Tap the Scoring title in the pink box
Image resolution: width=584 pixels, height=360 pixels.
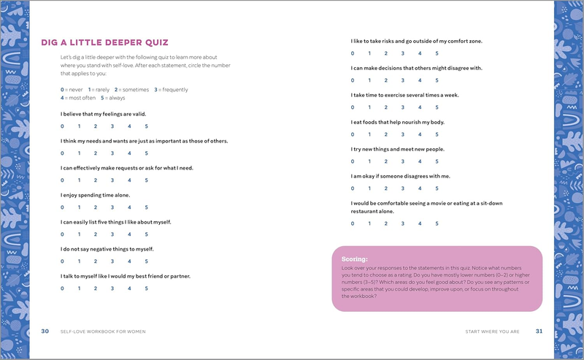(x=354, y=258)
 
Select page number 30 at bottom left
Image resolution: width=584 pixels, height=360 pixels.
(x=45, y=332)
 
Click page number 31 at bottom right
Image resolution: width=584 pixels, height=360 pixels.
(x=539, y=332)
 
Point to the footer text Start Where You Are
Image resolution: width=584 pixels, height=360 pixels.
(x=492, y=332)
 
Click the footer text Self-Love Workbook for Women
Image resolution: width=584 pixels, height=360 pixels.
(x=103, y=332)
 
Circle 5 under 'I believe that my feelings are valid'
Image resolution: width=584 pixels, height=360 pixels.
(x=146, y=126)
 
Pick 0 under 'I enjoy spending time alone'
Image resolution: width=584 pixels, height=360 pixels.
(x=62, y=207)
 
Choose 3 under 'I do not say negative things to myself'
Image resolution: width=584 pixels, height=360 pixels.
(x=112, y=261)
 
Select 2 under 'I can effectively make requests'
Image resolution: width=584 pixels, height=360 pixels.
(x=96, y=180)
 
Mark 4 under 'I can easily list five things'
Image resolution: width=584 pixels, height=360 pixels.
(x=129, y=234)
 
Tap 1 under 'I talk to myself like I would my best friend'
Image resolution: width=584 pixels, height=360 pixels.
(x=79, y=288)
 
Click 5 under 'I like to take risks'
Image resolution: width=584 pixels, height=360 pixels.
(x=437, y=53)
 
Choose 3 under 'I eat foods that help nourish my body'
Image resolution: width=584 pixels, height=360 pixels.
(x=403, y=134)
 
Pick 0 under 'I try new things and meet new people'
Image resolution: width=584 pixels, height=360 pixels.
(x=353, y=161)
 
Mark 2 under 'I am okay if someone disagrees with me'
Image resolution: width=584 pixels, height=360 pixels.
(x=386, y=188)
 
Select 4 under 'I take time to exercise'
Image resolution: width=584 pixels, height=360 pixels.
(x=420, y=107)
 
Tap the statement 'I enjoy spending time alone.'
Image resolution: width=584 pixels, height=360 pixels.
(x=95, y=195)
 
